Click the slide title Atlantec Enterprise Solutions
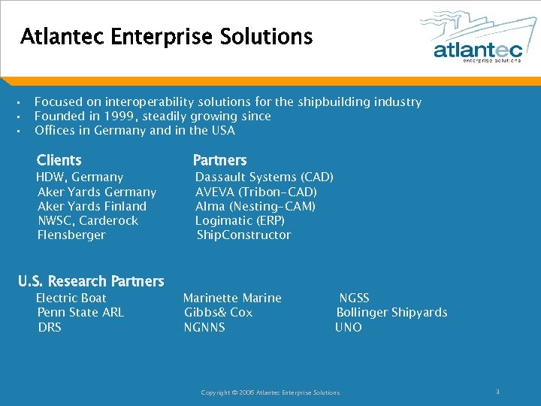coord(166,36)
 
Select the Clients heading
coord(59,160)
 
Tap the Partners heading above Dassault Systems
coord(219,160)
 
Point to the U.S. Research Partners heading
coord(91,281)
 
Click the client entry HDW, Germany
coord(80,177)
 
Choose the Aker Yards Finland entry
coord(92,206)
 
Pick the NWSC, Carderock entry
coord(88,220)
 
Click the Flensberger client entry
coord(71,235)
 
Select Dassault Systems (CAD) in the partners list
coord(264,177)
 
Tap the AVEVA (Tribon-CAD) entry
coord(256,192)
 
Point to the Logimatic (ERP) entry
coord(240,220)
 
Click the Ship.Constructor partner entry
coord(243,235)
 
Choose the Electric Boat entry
coord(71,298)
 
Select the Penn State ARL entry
coord(80,312)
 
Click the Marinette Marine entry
coord(232,298)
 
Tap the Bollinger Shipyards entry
coord(391,312)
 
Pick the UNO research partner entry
coord(349,327)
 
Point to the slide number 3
coord(497,392)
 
